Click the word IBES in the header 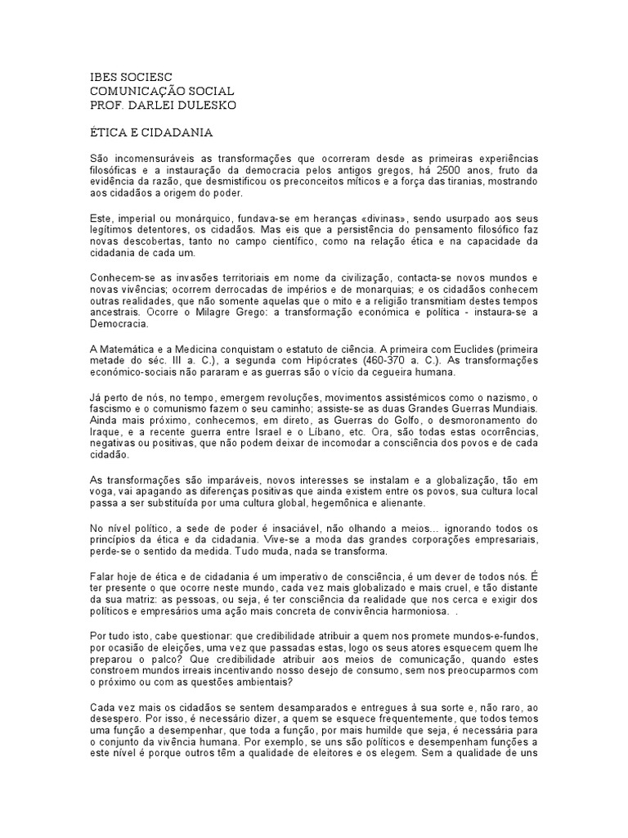pyautogui.click(x=103, y=77)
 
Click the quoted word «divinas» pyautogui.click(x=379, y=219)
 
